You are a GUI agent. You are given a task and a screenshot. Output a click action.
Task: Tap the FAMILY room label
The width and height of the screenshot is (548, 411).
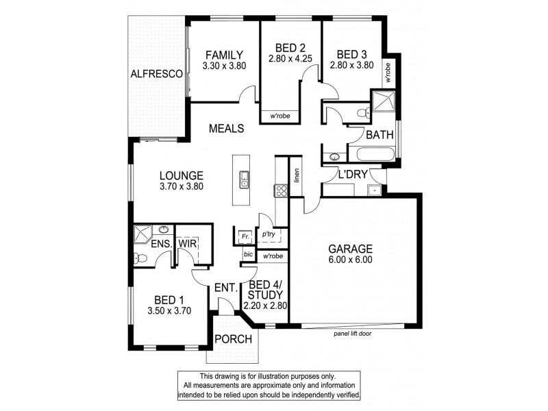point(224,55)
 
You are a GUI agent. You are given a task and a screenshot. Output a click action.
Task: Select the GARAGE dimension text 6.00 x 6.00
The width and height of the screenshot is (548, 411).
point(349,260)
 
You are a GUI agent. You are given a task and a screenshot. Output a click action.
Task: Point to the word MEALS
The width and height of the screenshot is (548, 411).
point(227,128)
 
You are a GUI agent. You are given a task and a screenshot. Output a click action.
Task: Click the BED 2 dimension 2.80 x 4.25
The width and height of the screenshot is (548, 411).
point(290,58)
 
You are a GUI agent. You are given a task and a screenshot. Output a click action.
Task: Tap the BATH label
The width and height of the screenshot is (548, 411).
point(379,135)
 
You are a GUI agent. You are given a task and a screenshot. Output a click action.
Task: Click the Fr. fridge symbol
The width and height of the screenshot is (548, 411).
point(243,236)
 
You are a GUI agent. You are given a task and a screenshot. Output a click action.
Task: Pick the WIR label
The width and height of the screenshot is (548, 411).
point(188,243)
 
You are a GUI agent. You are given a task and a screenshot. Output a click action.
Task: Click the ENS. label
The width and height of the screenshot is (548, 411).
point(161,243)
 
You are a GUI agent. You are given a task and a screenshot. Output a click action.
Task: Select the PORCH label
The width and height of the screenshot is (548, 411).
point(234,340)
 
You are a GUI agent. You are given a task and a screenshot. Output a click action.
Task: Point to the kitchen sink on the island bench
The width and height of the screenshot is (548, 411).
point(243,182)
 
